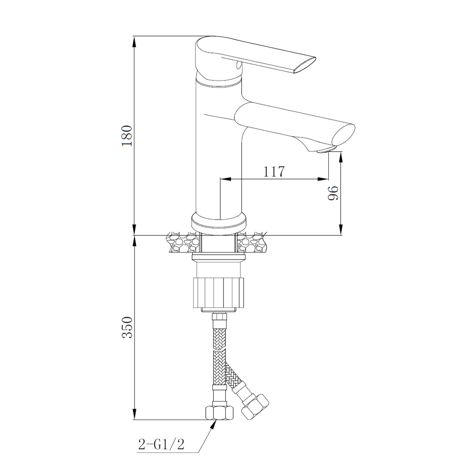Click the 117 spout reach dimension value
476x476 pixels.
tap(274, 171)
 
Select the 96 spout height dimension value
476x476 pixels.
tap(333, 193)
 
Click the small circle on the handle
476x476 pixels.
tap(238, 65)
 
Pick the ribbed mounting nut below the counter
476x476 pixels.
tap(219, 292)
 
